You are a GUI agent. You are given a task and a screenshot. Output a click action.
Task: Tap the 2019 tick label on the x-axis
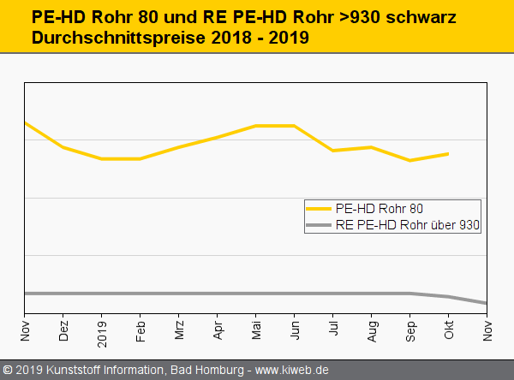[102, 329]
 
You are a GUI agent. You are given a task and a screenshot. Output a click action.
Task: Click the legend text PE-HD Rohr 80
[379, 208]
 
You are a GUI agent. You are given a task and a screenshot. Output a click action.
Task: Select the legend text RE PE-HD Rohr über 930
[408, 225]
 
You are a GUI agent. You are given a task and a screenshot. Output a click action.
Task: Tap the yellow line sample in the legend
[319, 208]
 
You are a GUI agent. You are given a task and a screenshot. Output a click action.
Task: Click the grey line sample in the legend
[319, 225]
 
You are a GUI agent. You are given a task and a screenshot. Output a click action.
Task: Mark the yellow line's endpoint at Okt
[449, 154]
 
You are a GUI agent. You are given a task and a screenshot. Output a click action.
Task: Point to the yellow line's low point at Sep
[411, 160]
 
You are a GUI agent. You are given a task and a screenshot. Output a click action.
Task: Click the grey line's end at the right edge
[487, 303]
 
